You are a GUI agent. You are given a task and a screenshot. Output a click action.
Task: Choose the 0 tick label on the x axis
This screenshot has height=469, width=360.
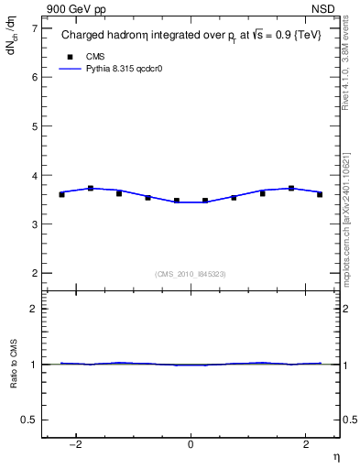tap(191, 445)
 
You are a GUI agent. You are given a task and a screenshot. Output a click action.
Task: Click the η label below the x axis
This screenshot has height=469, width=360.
tap(335, 457)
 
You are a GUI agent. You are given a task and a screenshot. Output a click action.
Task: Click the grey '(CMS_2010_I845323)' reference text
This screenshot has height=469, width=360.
tap(191, 274)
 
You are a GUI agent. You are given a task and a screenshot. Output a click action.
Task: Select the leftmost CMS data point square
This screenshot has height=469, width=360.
tap(61, 194)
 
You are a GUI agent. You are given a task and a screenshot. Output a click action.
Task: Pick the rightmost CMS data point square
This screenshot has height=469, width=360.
tap(320, 194)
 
